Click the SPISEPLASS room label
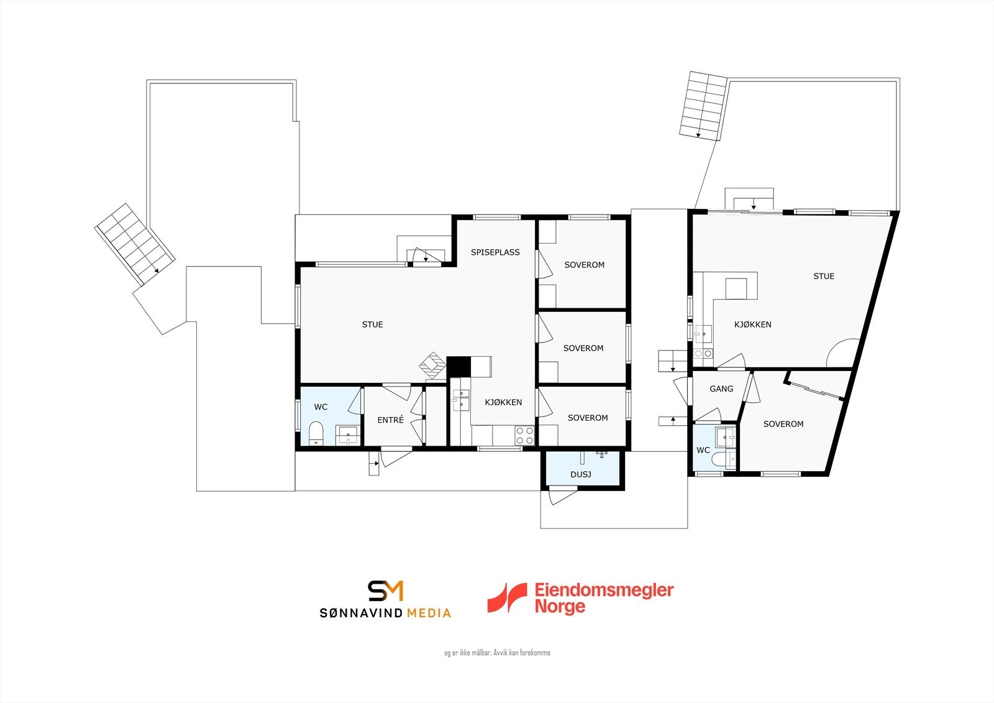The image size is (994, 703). [495, 252]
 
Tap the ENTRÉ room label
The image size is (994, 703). [391, 420]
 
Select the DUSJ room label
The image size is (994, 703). [581, 475]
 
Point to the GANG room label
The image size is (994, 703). [721, 389]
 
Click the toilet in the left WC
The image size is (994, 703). [316, 434]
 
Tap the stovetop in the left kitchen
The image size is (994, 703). [524, 435]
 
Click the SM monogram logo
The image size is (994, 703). [385, 590]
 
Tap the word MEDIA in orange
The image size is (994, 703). [429, 613]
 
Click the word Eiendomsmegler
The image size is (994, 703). [604, 590]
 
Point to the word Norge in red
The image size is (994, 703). [560, 606]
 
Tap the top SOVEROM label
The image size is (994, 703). [584, 265]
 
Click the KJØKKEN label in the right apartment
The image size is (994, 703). [752, 324]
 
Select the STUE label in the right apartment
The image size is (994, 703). [824, 277]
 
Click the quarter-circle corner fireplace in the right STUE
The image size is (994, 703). [844, 354]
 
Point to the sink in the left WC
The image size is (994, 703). [347, 434]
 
